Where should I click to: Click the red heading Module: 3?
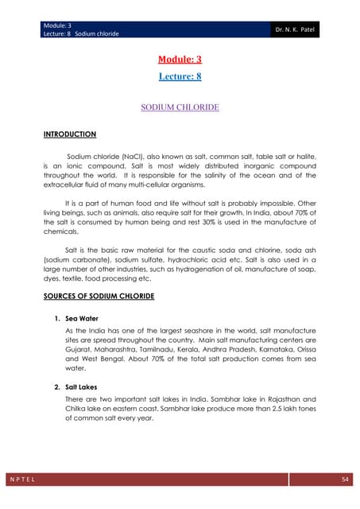(180, 60)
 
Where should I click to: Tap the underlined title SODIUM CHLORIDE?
(180, 106)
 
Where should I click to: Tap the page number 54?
(344, 482)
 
